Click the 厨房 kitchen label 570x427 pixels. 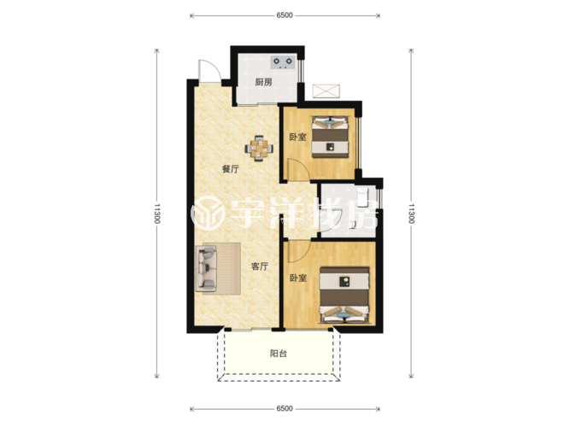tap(263, 82)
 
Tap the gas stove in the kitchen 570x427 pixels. tap(283, 62)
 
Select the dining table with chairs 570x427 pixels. tap(259, 149)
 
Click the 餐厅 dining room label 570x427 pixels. tap(230, 169)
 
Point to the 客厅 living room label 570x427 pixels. tap(260, 266)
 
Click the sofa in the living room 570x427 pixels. tap(207, 268)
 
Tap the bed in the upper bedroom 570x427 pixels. tap(331, 137)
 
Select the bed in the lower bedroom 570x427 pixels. tap(344, 295)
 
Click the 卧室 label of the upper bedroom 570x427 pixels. tap(297, 137)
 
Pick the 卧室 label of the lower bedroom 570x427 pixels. tap(298, 278)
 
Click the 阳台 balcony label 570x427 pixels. tap(279, 354)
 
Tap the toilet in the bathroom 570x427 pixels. tap(362, 196)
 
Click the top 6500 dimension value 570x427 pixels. tap(285, 15)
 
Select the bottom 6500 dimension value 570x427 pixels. tap(285, 408)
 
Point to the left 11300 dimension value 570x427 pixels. tap(156, 213)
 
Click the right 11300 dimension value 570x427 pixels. tap(411, 213)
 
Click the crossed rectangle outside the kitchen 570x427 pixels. tap(326, 91)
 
